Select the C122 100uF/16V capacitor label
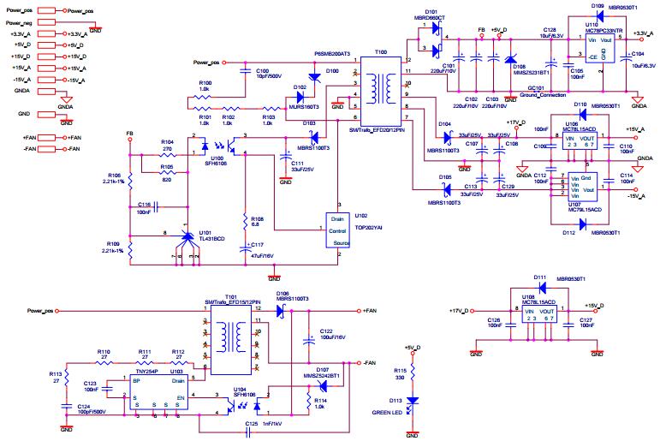click(333, 332)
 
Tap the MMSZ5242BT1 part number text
click(323, 375)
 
